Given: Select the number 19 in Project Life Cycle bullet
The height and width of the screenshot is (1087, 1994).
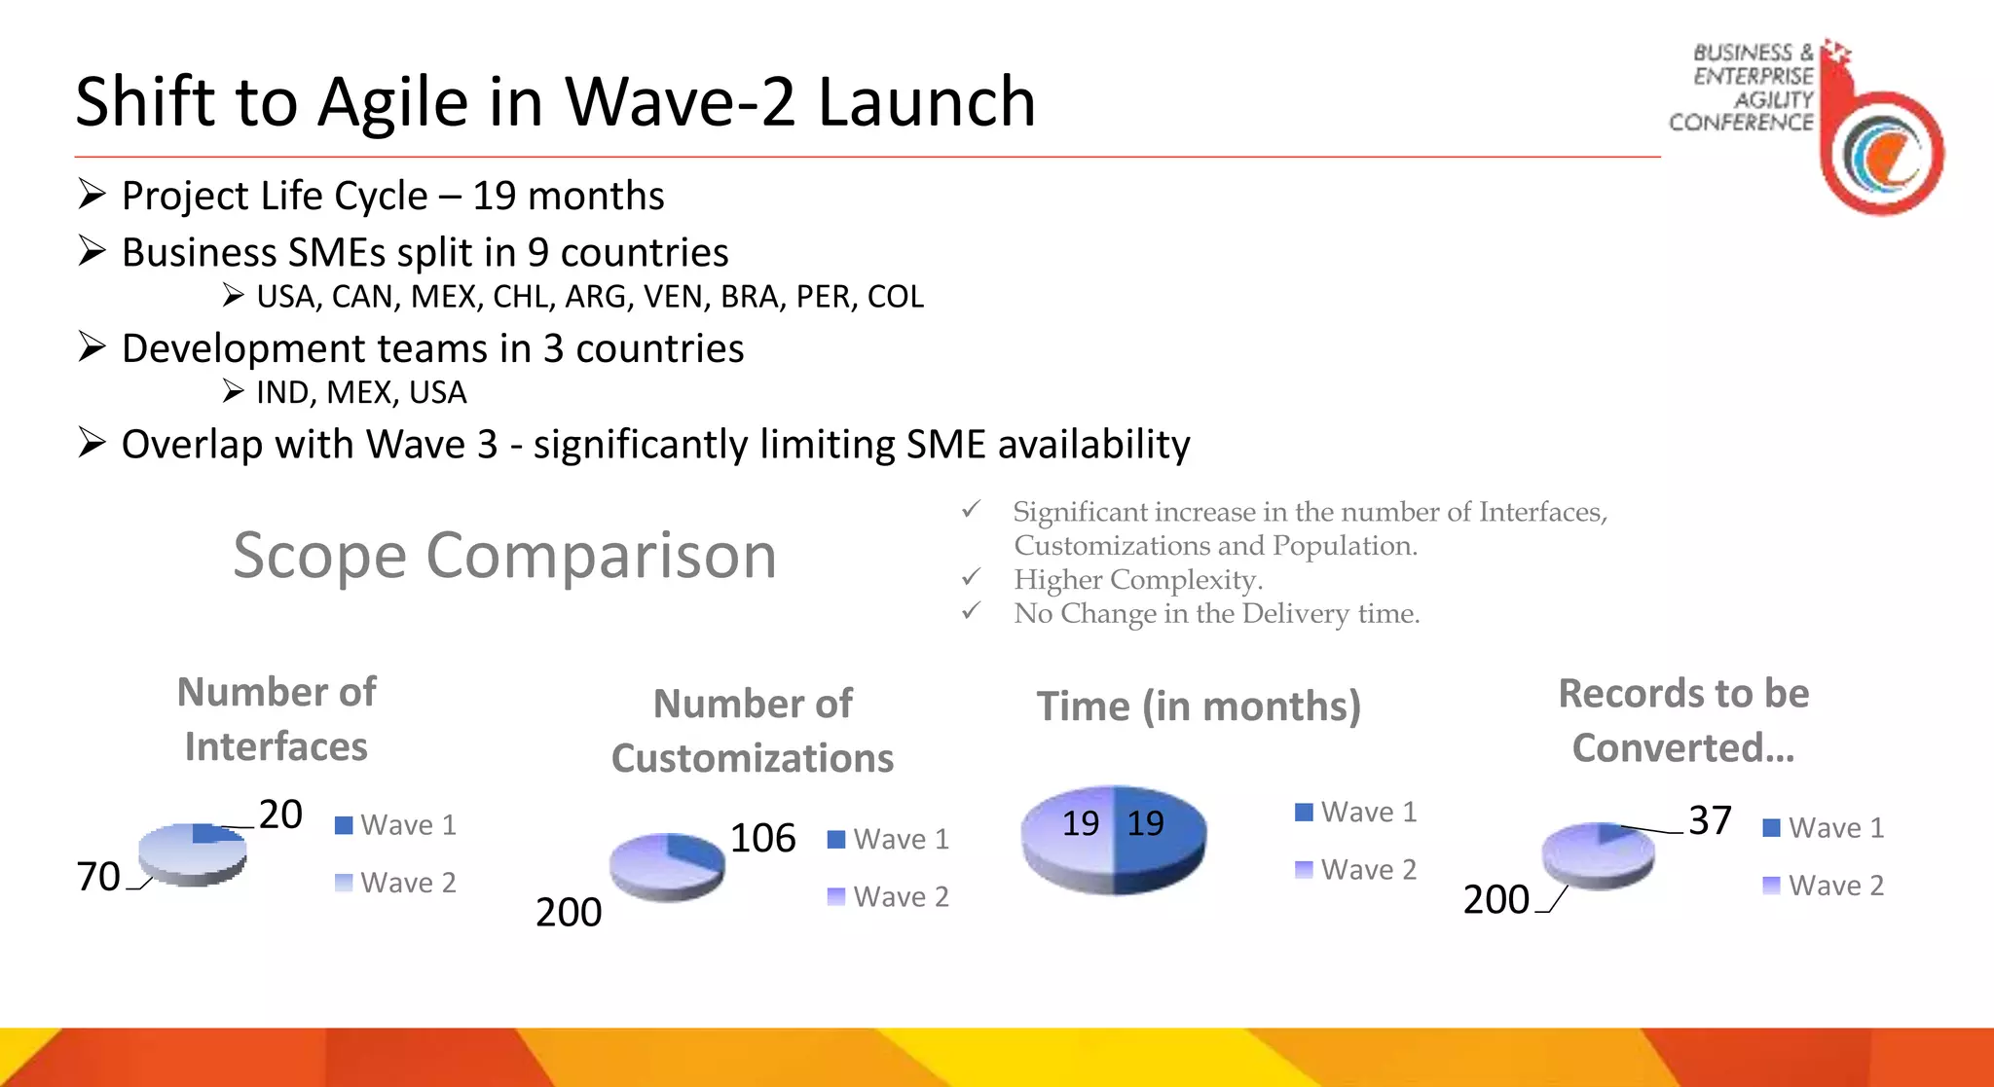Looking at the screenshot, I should coord(494,197).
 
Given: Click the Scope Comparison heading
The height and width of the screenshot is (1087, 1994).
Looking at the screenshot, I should coord(504,556).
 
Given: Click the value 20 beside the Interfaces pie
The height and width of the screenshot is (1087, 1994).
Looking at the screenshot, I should coord(280,815).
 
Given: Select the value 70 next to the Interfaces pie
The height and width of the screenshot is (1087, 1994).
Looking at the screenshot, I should coord(98,877).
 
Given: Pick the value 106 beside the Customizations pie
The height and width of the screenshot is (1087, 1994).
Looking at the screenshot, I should coord(762,838).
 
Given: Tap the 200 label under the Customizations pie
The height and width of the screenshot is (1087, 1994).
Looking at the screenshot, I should coord(569,913).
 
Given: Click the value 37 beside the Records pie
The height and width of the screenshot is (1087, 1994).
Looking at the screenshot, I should coord(1710,820).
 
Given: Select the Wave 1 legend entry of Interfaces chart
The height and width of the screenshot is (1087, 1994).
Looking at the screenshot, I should coord(395,825).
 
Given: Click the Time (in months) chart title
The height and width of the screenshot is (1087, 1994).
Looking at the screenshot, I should coord(1199,707).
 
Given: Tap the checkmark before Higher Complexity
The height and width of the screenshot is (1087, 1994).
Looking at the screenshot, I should coord(971,578).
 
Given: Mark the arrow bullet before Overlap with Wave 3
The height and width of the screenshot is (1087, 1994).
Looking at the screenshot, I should coord(92,444).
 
